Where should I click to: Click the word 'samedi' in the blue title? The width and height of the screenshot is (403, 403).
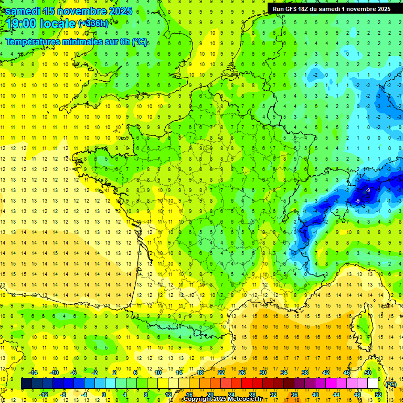coord(22,11)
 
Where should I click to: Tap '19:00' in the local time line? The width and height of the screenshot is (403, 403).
coord(22,24)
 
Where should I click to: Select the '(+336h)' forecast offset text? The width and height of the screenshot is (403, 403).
coord(93,24)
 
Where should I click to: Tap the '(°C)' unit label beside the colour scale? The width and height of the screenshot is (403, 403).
coord(390,384)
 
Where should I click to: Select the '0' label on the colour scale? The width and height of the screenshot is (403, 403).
coord(104,395)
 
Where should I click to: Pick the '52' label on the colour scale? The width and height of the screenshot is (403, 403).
coord(378,395)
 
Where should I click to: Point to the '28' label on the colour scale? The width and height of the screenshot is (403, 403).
coord(252,395)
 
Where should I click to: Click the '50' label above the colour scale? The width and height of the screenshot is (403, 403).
coord(368,373)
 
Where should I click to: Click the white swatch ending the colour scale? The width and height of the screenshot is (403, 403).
coord(373,384)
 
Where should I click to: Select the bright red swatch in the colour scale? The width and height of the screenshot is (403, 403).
coord(247,384)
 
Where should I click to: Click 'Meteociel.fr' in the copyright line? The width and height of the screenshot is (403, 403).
coord(248,399)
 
